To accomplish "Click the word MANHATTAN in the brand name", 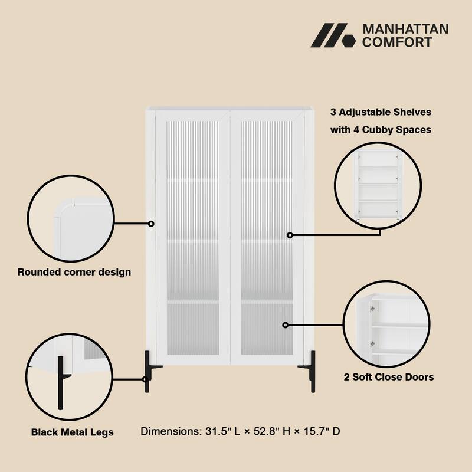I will pos(405,29).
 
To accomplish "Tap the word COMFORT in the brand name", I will pos(396,42).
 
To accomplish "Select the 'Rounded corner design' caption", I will pos(74,272).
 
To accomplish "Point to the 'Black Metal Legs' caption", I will pos(73,432).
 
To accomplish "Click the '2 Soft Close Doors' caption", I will pos(389,376).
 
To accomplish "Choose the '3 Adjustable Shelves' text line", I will pos(381,112).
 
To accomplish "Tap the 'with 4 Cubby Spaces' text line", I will pos(381,130).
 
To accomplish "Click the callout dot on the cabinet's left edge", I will pos(151,224).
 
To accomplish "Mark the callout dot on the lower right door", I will pos(286,324).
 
